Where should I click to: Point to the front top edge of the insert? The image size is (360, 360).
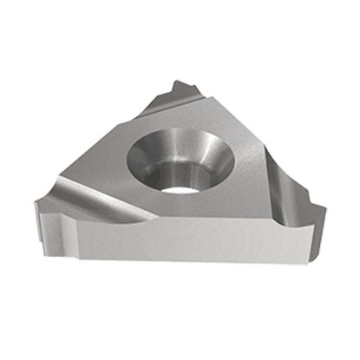(191, 222)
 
